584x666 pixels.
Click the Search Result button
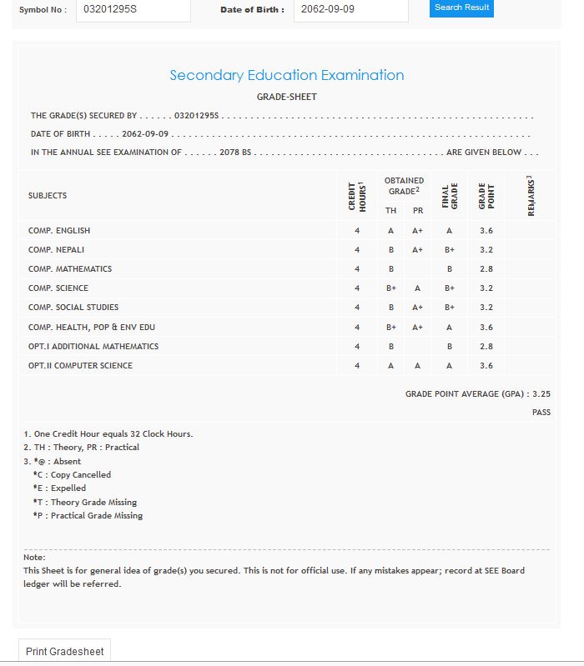pyautogui.click(x=462, y=8)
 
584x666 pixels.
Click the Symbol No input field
pyautogui.click(x=133, y=10)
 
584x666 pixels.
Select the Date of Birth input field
pyautogui.click(x=350, y=10)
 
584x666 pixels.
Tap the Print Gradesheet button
pyautogui.click(x=65, y=651)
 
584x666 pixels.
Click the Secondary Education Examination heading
pyautogui.click(x=287, y=75)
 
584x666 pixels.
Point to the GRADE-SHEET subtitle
pyautogui.click(x=287, y=98)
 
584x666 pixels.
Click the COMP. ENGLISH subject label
pyautogui.click(x=59, y=231)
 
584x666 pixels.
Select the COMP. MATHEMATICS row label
pyautogui.click(x=70, y=269)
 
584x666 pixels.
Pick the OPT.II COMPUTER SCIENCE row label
pyautogui.click(x=80, y=366)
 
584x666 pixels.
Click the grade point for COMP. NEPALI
pyautogui.click(x=486, y=250)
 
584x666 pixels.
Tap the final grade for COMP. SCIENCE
pyautogui.click(x=449, y=288)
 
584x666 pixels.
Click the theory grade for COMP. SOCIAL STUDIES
pyautogui.click(x=390, y=308)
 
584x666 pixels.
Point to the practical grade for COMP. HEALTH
pyautogui.click(x=418, y=328)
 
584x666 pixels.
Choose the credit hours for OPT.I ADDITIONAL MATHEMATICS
pyautogui.click(x=357, y=347)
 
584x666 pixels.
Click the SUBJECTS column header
pyautogui.click(x=48, y=196)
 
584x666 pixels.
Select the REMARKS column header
pyautogui.click(x=531, y=196)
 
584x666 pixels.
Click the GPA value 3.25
pyautogui.click(x=541, y=393)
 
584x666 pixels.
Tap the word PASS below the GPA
pyautogui.click(x=541, y=413)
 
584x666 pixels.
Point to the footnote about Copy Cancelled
pyautogui.click(x=72, y=475)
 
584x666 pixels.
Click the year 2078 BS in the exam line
pyautogui.click(x=235, y=153)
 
